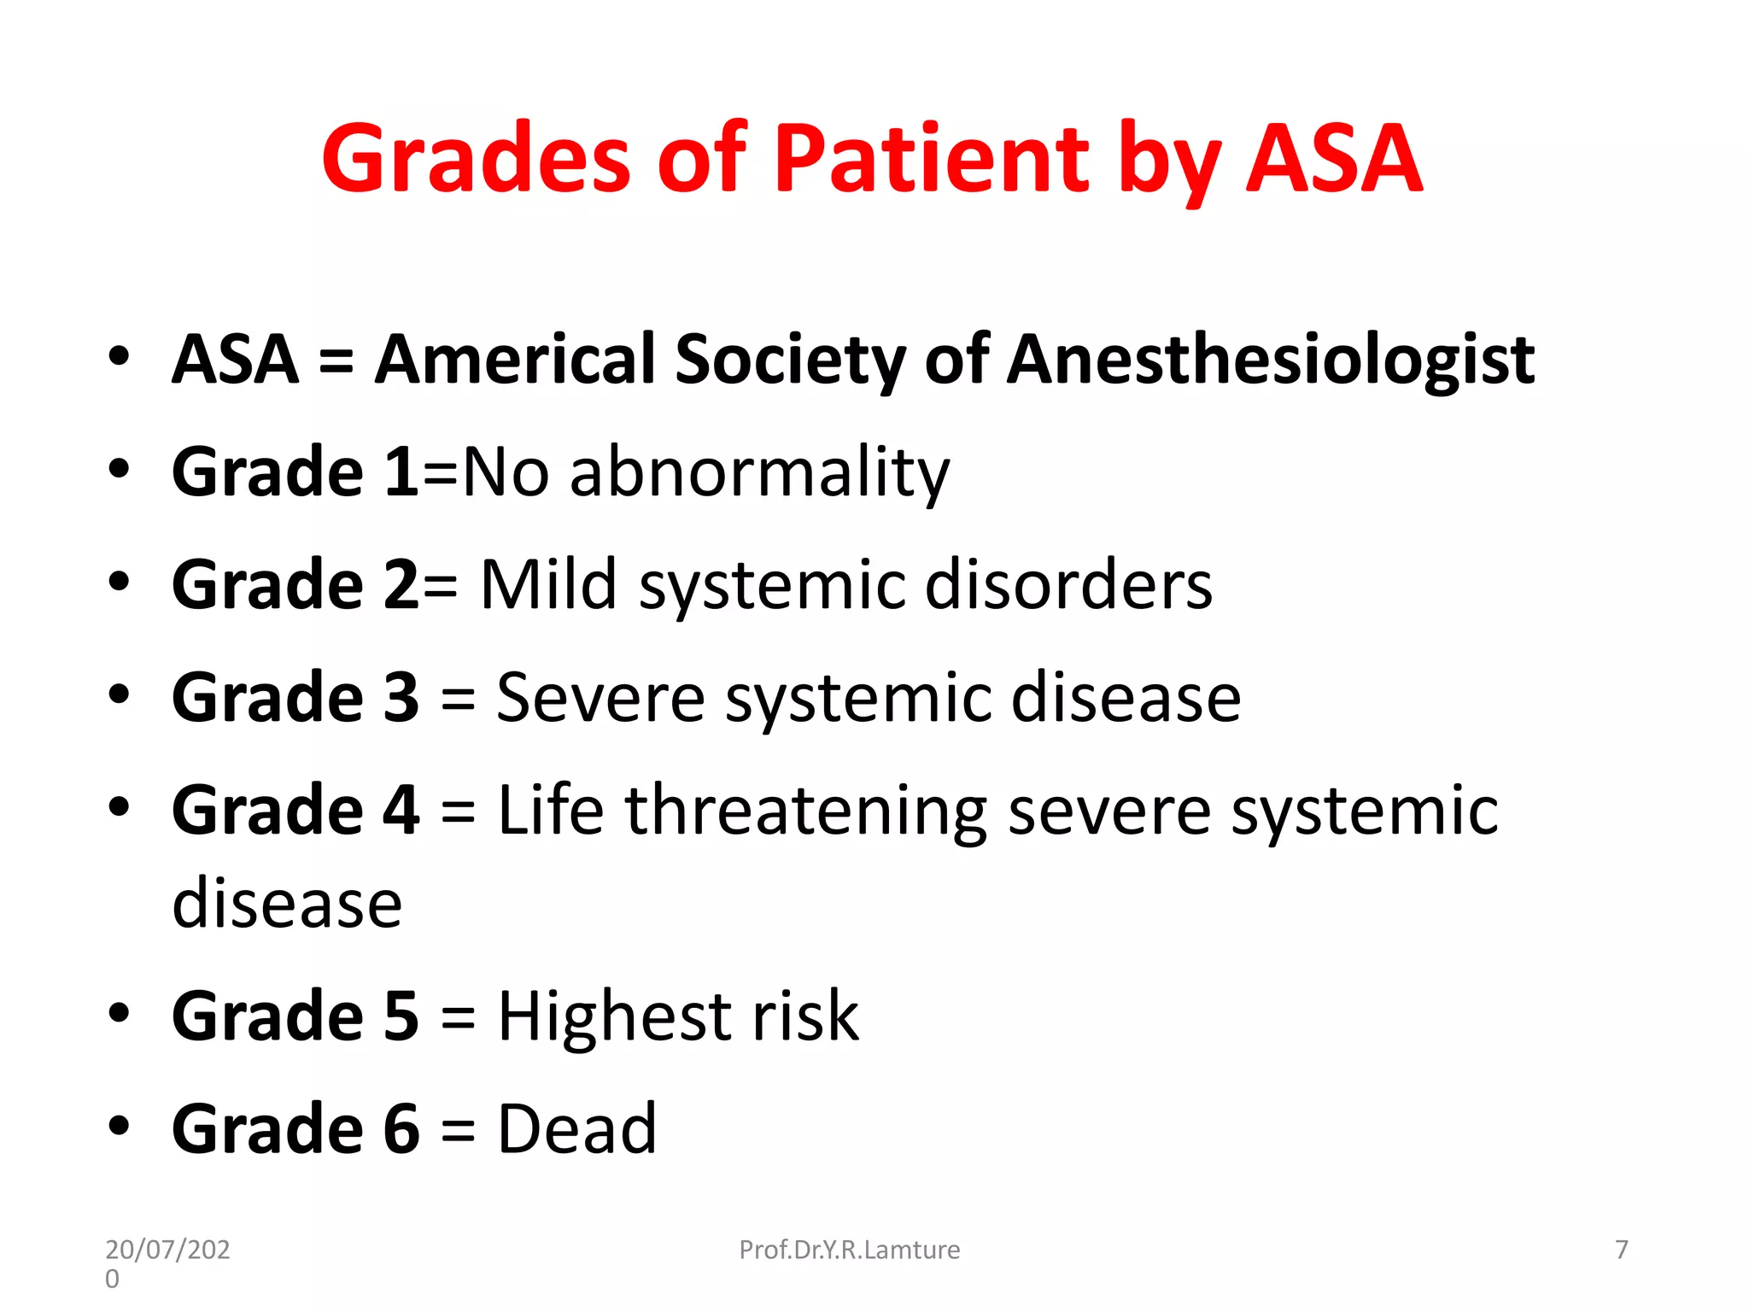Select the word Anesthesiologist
pos(1270,360)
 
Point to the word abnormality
pos(759,472)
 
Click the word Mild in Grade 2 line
pos(548,585)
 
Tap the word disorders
pos(1068,585)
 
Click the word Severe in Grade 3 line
pos(600,698)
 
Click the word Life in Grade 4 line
pos(551,811)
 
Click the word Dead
pos(577,1129)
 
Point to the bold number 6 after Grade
pos(401,1129)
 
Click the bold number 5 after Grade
pos(401,1017)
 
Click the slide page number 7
pos(1622,1250)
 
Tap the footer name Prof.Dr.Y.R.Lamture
pos(849,1250)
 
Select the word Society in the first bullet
pos(789,360)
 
